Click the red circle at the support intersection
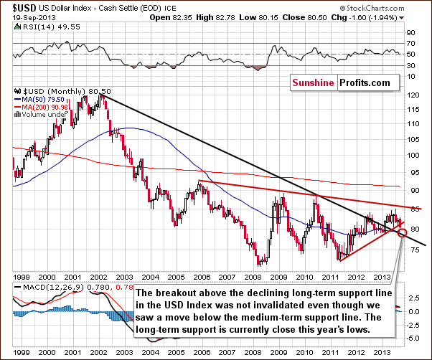pyautogui.click(x=403, y=232)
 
